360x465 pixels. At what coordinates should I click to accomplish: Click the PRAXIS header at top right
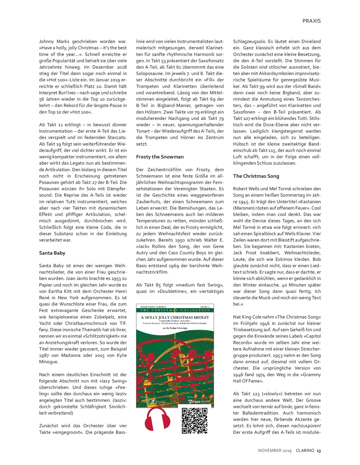pyautogui.click(x=311, y=21)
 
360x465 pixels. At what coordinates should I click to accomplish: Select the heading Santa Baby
pyautogui.click(x=52, y=253)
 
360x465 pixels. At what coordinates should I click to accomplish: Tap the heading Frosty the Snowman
pyautogui.click(x=160, y=157)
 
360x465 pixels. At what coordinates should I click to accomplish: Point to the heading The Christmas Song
pyautogui.click(x=256, y=176)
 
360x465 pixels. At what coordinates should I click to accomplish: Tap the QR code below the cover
pyautogui.click(x=194, y=420)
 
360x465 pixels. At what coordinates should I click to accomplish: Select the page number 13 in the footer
pyautogui.click(x=318, y=450)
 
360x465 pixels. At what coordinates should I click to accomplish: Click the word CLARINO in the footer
pyautogui.click(x=305, y=450)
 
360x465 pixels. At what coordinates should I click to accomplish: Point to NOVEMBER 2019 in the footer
pyautogui.click(x=275, y=450)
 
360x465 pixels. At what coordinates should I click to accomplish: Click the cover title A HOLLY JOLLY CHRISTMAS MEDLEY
pyautogui.click(x=175, y=317)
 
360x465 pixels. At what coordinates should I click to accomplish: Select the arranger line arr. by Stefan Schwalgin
pyautogui.click(x=175, y=328)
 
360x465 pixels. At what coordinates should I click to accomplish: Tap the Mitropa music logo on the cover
pyautogui.click(x=199, y=401)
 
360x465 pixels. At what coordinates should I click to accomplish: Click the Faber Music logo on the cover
pyautogui.click(x=153, y=401)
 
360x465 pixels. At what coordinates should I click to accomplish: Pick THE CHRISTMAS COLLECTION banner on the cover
pyautogui.click(x=175, y=310)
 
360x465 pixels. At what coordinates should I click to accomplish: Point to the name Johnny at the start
pyautogui.click(x=47, y=41)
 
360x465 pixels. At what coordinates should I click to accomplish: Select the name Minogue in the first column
pyautogui.click(x=48, y=362)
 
